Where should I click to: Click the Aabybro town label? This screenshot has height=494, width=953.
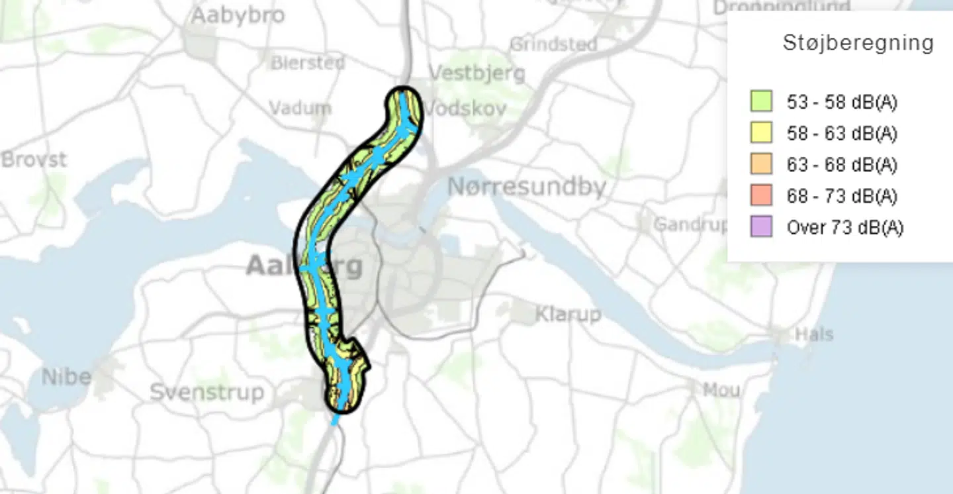click(x=238, y=15)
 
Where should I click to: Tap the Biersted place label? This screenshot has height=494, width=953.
click(x=308, y=63)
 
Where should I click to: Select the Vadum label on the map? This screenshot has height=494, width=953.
click(x=300, y=107)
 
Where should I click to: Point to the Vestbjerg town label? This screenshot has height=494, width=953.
click(x=477, y=72)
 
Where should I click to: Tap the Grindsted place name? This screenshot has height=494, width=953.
click(x=553, y=44)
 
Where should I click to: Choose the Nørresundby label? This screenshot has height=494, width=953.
click(x=527, y=187)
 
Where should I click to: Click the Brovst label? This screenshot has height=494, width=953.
click(x=34, y=160)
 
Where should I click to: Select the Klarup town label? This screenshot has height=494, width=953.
click(x=568, y=314)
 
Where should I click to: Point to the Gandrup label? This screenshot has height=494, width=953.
click(x=690, y=224)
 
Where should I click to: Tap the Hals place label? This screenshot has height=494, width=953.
click(x=814, y=334)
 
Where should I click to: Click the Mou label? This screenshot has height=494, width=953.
click(x=721, y=390)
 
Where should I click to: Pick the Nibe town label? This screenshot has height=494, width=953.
click(x=66, y=377)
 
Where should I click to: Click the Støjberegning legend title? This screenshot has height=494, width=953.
click(x=858, y=43)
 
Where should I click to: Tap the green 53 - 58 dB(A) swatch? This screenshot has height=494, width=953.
click(x=762, y=101)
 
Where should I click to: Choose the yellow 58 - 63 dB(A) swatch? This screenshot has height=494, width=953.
click(x=762, y=133)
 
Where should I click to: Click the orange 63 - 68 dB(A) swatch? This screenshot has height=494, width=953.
click(x=762, y=164)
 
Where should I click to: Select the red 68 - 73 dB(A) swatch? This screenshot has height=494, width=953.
click(x=762, y=196)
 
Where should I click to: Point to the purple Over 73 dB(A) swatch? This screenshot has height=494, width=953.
click(x=762, y=227)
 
